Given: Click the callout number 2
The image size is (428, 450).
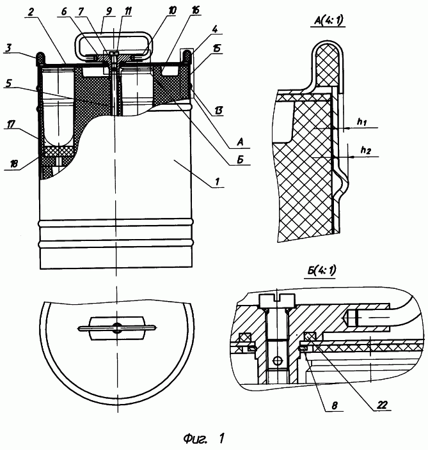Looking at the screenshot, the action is (x=31, y=12).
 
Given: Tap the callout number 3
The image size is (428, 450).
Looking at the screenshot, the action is (x=8, y=48).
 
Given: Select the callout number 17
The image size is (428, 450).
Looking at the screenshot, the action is (x=11, y=124).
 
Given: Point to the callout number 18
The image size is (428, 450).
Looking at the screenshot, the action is (x=13, y=164).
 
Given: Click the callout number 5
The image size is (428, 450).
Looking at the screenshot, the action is (x=8, y=83).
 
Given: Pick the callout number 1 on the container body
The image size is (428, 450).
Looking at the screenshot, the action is (x=218, y=182).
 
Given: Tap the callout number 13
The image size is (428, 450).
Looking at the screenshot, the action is (x=218, y=111).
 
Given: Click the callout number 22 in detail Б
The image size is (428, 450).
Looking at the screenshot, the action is (x=382, y=405).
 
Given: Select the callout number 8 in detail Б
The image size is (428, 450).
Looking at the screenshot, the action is (x=335, y=405).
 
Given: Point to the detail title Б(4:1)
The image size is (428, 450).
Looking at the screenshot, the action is (x=321, y=270).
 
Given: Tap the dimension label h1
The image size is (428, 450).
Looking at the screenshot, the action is (x=361, y=122).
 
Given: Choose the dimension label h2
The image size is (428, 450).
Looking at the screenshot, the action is (x=365, y=150).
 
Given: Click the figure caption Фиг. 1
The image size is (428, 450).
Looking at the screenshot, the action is (x=204, y=438).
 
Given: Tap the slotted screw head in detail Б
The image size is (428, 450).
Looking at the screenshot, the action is (x=277, y=300).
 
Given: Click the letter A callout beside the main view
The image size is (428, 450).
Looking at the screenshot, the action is (x=240, y=142).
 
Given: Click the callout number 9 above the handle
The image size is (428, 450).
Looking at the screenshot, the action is (x=109, y=12).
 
